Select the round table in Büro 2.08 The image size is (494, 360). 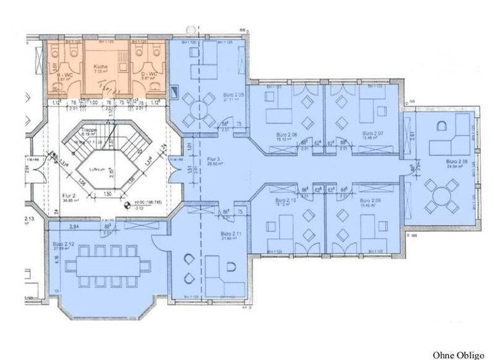[443, 195]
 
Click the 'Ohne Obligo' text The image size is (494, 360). [458, 354]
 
